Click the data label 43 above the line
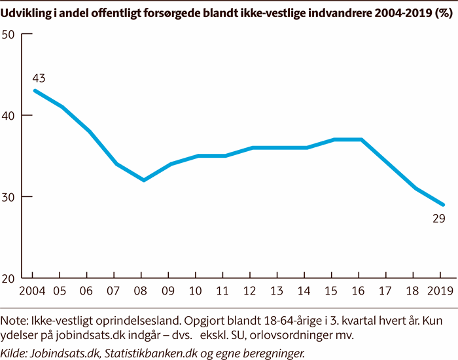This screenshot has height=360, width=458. tap(39, 79)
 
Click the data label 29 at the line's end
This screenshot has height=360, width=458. tap(438, 219)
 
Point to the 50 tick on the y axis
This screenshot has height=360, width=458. tap(9, 34)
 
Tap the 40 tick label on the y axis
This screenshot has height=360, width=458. tap(9, 115)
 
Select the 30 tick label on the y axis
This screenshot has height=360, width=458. tap(9, 197)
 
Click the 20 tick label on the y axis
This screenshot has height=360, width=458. tap(9, 278)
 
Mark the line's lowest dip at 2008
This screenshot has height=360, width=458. tap(143, 180)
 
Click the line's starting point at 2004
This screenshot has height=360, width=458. tap(35, 90)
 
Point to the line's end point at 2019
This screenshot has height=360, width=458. tap(443, 205)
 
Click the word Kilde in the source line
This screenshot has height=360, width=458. tap(14, 353)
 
